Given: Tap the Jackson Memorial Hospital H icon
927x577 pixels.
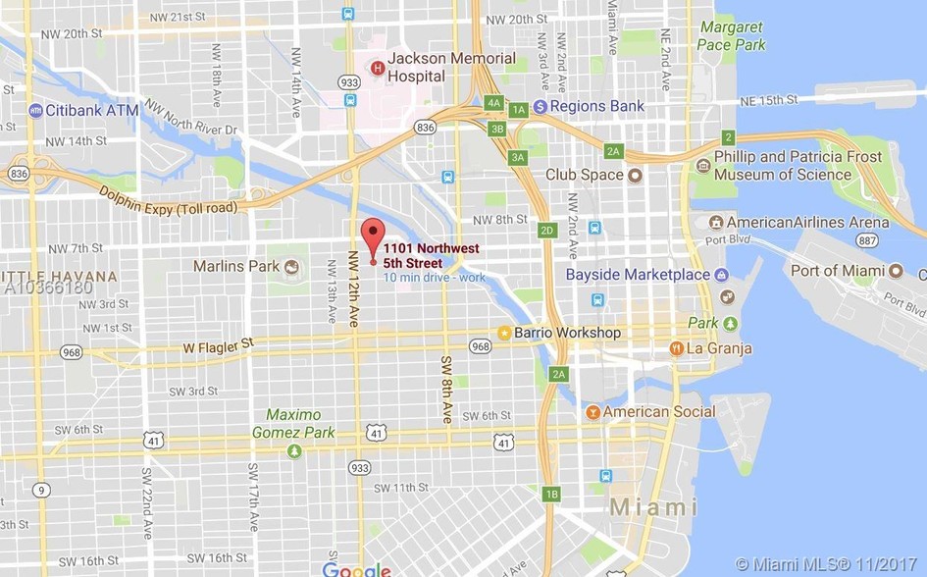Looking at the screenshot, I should point(378,67).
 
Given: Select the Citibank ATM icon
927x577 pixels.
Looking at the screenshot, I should point(36,111).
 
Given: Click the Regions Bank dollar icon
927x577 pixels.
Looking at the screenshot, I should point(541,106).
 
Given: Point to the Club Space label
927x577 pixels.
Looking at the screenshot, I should point(584,175).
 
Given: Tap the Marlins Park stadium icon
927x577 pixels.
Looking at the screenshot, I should point(291,266).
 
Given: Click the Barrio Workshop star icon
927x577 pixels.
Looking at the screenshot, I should point(504,333).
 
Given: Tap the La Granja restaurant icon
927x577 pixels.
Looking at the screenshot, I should point(676,348).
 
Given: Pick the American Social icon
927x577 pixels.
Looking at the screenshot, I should point(593,412).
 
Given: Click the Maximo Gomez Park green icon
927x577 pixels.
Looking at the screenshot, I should point(294,450).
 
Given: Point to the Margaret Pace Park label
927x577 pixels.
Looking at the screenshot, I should point(731,36).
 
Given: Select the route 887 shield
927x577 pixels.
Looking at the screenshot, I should point(866,239).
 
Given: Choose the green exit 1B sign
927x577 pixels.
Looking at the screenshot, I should point(552,494).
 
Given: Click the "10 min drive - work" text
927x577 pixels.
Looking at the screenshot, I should point(435,278).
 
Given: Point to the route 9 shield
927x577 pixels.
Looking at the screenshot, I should point(40,490).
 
